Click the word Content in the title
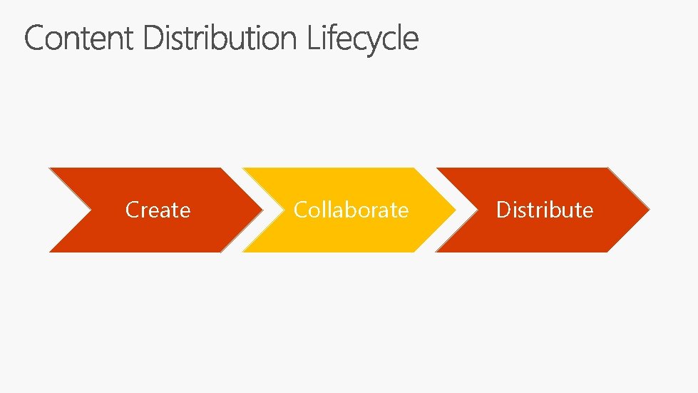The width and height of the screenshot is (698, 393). [78, 39]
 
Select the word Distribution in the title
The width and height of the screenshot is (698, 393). [220, 39]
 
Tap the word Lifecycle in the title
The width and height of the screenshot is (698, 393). [363, 39]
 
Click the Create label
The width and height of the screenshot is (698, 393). [158, 210]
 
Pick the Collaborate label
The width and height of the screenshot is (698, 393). [351, 210]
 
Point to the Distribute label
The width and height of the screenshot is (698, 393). [545, 210]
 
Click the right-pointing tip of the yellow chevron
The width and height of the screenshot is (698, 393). [454, 210]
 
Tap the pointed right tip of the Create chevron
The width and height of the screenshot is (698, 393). [260, 210]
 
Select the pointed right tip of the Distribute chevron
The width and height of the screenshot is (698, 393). [648, 210]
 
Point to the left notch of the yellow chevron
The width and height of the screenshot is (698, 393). [282, 210]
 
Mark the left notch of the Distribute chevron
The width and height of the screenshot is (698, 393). [476, 210]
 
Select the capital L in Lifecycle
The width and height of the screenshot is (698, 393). [313, 39]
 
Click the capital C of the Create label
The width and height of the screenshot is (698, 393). [131, 210]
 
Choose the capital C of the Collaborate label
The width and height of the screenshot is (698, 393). [299, 210]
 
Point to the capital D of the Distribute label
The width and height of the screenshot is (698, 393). [503, 210]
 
